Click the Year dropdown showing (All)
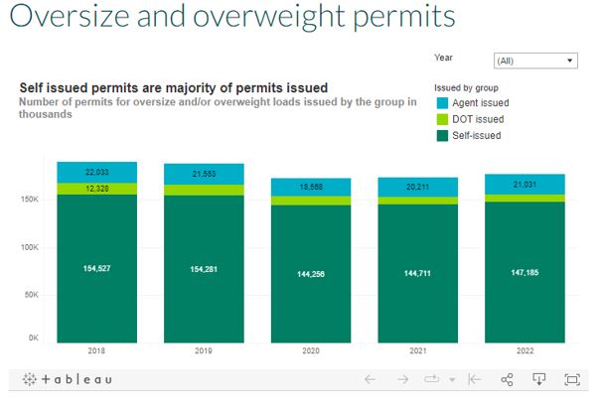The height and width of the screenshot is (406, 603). point(534,61)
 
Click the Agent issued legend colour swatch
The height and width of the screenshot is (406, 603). point(442,102)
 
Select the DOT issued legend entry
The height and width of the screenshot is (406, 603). point(478,119)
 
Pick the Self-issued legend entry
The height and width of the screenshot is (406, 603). point(476,135)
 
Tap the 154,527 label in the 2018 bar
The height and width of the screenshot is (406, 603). point(96,269)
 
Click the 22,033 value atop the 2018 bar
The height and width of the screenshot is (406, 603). point(96,172)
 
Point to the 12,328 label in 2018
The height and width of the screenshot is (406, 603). point(96,189)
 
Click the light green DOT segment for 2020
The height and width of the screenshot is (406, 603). point(311,201)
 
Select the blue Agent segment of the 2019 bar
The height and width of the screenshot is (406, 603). point(204,174)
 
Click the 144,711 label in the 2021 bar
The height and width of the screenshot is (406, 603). point(418,269)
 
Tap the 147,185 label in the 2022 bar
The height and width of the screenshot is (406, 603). point(526,269)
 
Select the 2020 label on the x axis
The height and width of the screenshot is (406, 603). point(311,350)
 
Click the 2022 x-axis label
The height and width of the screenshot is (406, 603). point(526,350)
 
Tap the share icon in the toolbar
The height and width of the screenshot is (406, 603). point(507,379)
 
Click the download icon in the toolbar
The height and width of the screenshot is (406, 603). point(539,379)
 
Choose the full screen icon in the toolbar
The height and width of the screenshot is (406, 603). point(572,379)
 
